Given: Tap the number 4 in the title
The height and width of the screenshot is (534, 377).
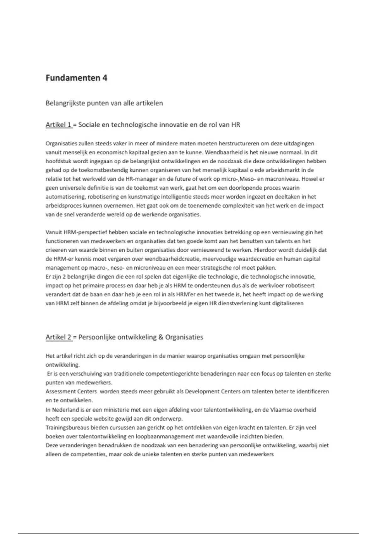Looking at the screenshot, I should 105,78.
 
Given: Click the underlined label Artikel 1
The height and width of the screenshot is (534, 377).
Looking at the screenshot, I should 59,125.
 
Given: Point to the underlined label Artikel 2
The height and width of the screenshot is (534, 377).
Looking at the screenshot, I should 59,337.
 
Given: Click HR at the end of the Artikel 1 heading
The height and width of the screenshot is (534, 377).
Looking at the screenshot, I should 236,125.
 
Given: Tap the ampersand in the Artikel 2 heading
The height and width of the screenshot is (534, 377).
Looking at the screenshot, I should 161,337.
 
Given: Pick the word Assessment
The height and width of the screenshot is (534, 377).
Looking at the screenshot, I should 61,391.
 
